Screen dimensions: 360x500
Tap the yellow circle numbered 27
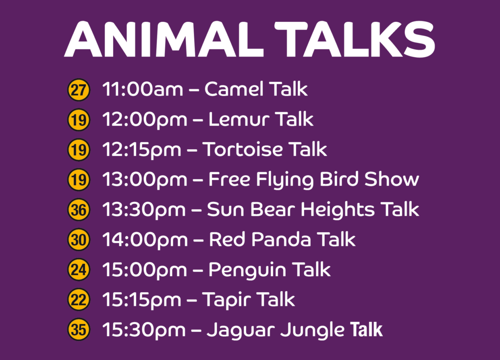click(79, 90)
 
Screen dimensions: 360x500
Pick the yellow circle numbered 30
click(79, 240)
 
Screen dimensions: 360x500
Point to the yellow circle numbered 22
click(79, 300)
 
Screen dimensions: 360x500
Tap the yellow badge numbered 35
click(79, 330)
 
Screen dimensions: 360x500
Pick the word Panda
click(284, 240)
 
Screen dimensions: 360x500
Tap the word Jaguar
click(240, 330)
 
